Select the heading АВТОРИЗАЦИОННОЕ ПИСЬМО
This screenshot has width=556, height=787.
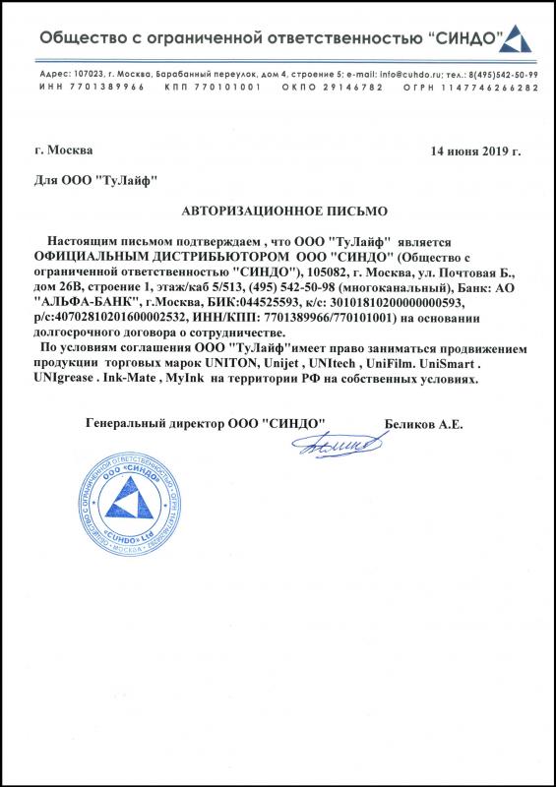(x=285, y=212)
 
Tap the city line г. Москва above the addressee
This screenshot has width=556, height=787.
(x=63, y=151)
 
